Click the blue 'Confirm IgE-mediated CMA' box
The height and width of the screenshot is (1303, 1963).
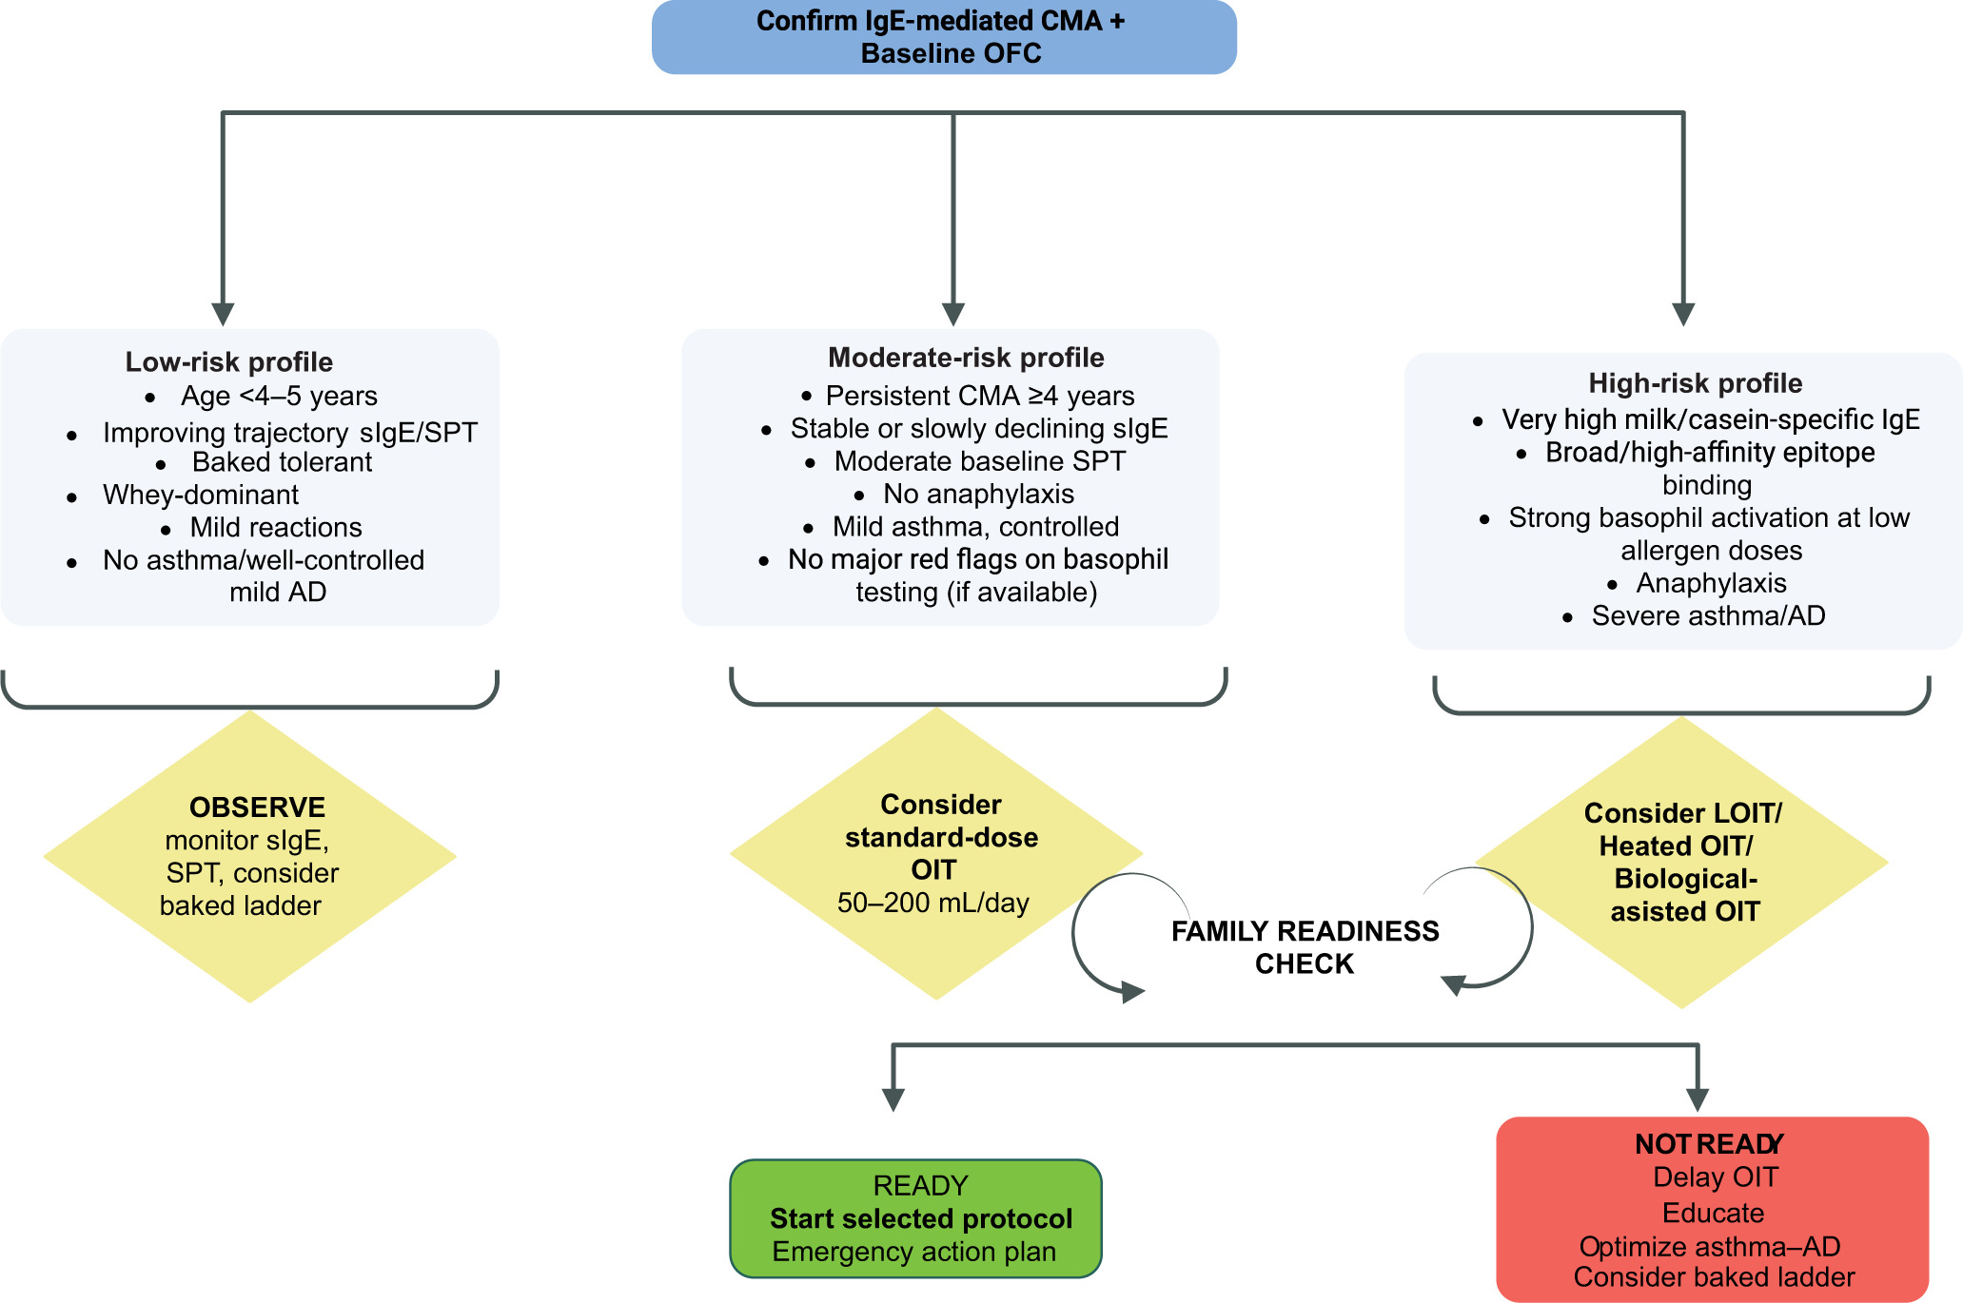[943, 37]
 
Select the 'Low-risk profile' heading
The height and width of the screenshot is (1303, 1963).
[228, 362]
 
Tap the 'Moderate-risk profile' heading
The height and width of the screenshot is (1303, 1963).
[966, 358]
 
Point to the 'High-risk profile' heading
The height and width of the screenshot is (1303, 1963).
[1695, 383]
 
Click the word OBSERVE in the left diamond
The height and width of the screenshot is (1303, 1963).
[257, 807]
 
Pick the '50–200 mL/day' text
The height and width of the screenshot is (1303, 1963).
[932, 903]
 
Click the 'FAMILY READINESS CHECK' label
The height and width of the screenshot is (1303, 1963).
[1305, 947]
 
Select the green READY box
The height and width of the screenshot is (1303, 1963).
[915, 1218]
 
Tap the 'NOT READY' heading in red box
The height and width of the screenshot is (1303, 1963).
[1709, 1144]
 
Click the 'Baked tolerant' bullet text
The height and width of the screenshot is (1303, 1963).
[282, 462]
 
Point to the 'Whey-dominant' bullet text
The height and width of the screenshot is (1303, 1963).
[200, 495]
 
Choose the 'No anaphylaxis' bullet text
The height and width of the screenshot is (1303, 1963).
[978, 494]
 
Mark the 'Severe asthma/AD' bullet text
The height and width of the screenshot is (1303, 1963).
[1708, 616]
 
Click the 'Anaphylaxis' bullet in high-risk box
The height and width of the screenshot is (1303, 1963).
[1711, 583]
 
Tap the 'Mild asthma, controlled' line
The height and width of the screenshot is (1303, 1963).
[975, 527]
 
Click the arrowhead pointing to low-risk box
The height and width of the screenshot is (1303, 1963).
[223, 314]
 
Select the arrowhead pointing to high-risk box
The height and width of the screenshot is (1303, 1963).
[1683, 314]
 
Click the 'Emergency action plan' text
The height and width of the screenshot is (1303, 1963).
[913, 1252]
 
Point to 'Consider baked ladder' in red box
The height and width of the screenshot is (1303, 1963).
[1714, 1277]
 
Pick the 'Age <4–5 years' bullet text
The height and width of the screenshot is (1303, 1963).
[279, 396]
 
